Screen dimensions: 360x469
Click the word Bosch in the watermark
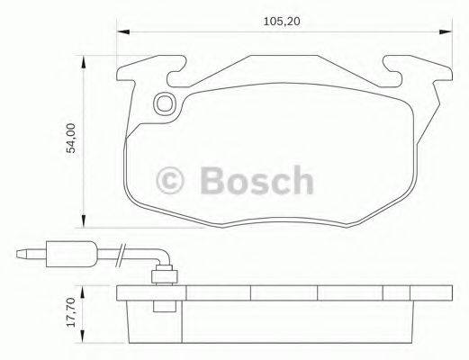(x=257, y=180)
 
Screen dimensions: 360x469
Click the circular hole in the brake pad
(x=165, y=104)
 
